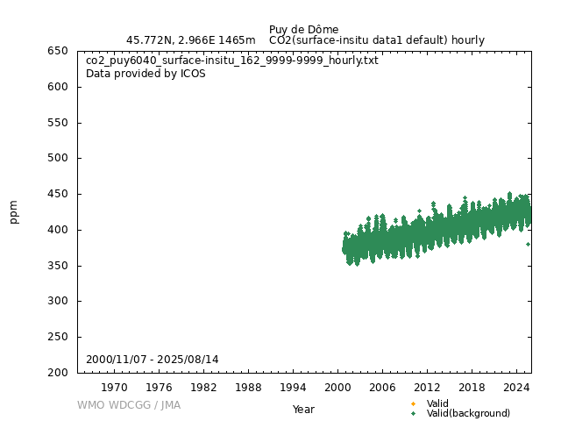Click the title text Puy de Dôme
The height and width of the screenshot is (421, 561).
tap(303, 30)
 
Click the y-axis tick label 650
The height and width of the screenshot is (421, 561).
tap(58, 51)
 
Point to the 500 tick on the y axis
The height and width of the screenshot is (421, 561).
tap(58, 158)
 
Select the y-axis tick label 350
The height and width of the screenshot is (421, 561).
tap(58, 266)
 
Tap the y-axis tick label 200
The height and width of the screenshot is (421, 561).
tap(58, 373)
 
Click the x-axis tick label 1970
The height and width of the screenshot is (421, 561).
tap(114, 387)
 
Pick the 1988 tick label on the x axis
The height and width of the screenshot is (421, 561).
tap(248, 387)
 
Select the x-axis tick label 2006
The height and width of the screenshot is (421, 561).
tap(382, 387)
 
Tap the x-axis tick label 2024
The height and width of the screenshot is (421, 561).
tap(516, 387)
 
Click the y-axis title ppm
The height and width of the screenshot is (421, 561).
tap(14, 211)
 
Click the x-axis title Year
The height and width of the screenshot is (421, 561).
tap(303, 410)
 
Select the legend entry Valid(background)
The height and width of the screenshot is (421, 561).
tap(468, 413)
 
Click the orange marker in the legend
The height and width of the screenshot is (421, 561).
tap(413, 403)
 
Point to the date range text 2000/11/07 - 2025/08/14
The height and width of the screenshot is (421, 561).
tap(153, 360)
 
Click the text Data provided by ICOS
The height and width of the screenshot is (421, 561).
tap(146, 74)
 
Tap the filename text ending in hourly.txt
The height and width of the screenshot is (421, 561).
tap(232, 61)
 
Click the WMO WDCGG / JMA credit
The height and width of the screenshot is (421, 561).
tap(129, 405)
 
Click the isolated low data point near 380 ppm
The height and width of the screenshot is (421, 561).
tap(528, 244)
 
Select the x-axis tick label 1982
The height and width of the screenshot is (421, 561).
tap(203, 387)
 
